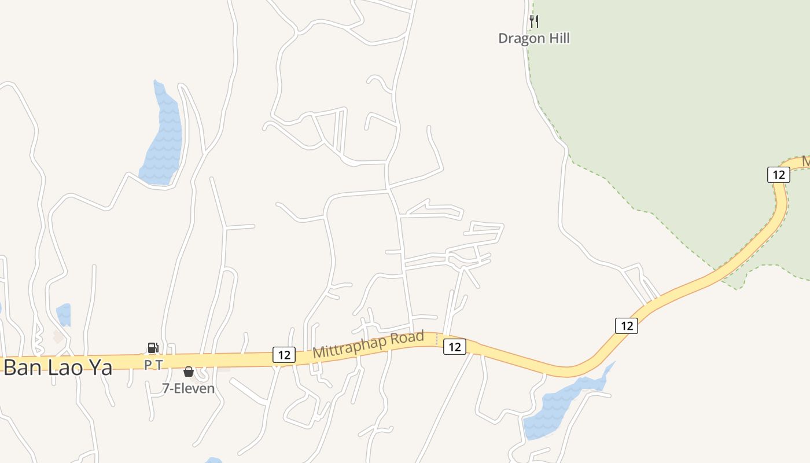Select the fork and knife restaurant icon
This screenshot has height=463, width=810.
(534, 21)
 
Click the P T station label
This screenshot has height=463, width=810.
(153, 364)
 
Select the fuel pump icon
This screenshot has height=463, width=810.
(153, 347)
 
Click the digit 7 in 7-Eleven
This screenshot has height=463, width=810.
(165, 388)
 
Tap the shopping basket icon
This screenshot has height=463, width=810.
(188, 372)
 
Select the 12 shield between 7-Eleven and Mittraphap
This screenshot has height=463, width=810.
(283, 355)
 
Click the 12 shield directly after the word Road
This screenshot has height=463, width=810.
(455, 347)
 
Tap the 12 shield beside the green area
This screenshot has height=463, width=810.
(779, 174)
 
